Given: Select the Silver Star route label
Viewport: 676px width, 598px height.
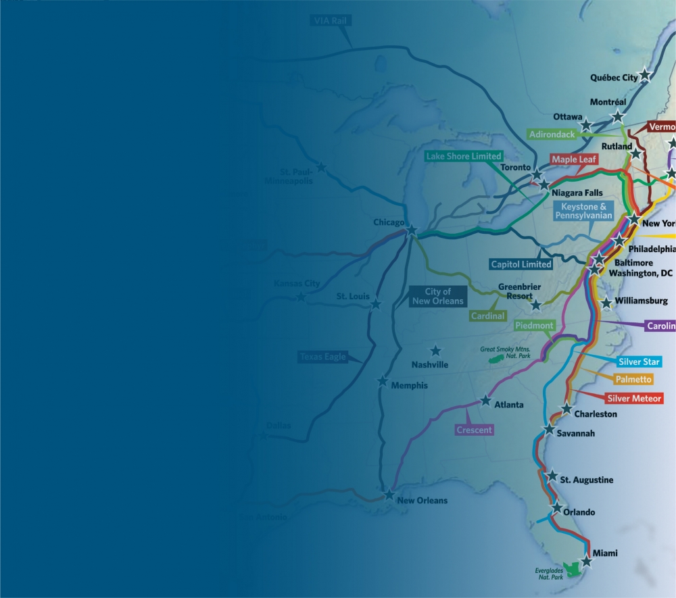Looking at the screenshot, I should coord(639,362).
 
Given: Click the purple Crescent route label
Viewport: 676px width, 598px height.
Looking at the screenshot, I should coord(475,430).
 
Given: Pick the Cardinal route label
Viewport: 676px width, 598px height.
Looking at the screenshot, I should coord(488,316).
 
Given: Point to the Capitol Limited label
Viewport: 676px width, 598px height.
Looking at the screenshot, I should coord(521,264).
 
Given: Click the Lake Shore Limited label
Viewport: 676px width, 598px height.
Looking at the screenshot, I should coord(464,156).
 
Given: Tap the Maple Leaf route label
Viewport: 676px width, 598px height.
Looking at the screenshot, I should coord(574,159).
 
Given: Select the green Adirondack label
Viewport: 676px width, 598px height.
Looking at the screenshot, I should coord(553,134).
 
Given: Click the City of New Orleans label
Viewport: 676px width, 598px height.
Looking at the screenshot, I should coord(438,296).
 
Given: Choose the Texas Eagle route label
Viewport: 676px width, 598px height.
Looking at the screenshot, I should coord(322,357).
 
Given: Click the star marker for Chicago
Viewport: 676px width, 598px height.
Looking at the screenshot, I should coord(412,230).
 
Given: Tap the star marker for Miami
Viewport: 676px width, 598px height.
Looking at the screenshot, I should coord(586,561).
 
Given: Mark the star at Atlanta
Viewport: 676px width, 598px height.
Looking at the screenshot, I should coord(485,401).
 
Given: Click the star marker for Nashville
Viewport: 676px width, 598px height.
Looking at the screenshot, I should coord(435,351).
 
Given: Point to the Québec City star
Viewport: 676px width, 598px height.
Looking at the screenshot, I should coord(646,75).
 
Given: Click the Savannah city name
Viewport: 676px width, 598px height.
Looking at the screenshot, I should coord(576,434).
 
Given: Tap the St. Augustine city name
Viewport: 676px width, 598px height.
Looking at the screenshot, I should coord(587,480).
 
